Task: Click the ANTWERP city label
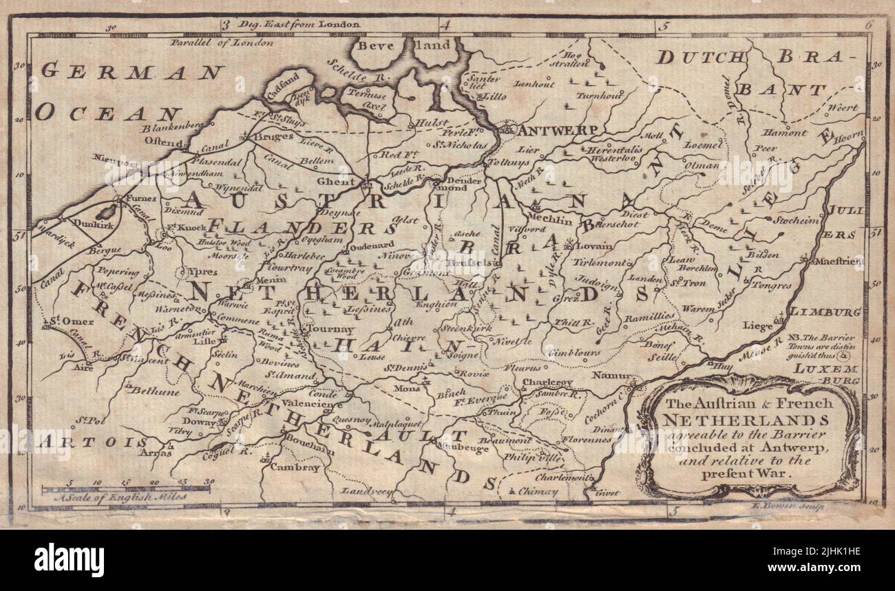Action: point(551,129)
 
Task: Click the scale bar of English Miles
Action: point(125,489)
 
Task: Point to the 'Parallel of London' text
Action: point(222,42)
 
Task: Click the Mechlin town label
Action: point(552,220)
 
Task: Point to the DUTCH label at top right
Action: point(699,58)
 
